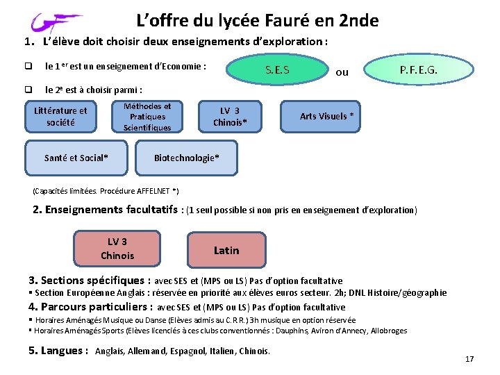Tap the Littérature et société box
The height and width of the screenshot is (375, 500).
60,116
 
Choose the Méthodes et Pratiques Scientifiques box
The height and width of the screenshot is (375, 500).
147,117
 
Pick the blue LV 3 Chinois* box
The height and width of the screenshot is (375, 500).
229,117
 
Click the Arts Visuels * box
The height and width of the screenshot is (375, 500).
326,116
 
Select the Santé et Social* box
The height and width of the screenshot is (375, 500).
76,158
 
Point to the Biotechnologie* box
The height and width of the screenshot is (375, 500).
186,158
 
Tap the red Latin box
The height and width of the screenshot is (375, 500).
226,250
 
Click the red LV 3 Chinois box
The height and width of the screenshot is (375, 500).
117,249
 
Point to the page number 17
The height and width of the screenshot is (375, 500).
469,359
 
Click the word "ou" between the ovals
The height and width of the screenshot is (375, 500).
342,72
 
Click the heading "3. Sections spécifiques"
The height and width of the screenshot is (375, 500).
89,281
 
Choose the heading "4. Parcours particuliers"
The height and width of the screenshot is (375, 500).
90,307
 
